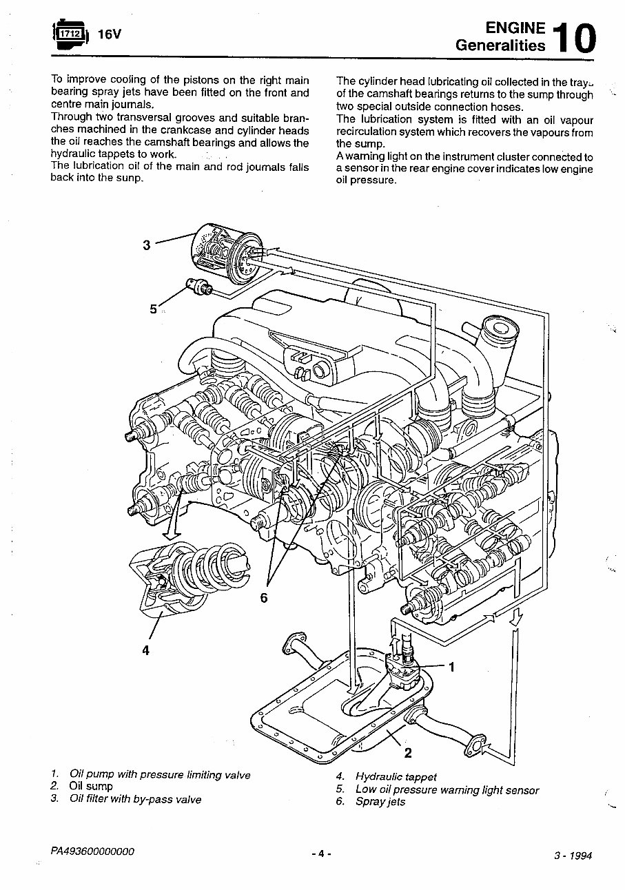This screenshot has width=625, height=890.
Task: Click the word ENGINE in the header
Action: [515, 28]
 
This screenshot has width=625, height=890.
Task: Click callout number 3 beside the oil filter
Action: [146, 245]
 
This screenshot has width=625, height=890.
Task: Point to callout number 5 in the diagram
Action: [154, 309]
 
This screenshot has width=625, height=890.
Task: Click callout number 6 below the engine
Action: [263, 598]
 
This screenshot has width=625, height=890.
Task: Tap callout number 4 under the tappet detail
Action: [145, 649]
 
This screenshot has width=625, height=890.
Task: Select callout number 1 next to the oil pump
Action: [452, 666]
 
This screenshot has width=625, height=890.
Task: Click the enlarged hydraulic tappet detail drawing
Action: [189, 572]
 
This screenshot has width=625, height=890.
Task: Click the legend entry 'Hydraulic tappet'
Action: [396, 776]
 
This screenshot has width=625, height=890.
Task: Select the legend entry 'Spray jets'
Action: [380, 801]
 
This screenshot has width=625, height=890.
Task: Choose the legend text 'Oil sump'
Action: [91, 786]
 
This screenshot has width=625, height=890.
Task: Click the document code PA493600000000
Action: [92, 851]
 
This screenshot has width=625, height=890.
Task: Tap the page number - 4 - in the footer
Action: [321, 853]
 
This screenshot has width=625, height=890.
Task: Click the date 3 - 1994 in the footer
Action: [573, 856]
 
